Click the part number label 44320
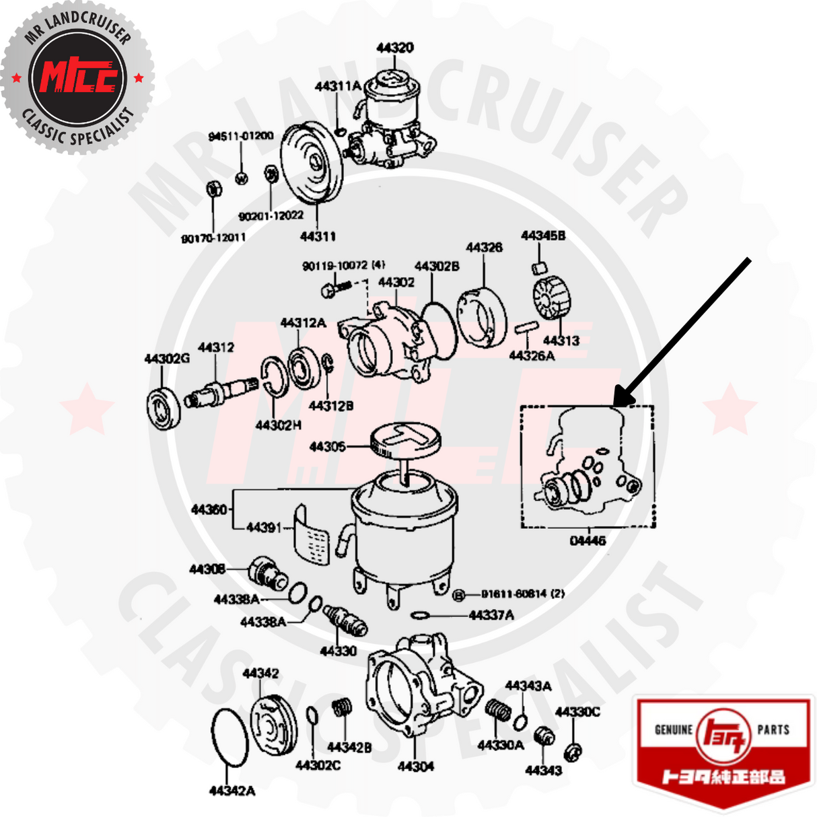(x=395, y=48)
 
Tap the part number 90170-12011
(x=213, y=238)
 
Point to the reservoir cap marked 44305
(x=405, y=439)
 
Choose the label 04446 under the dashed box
(x=588, y=540)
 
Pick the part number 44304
(x=415, y=766)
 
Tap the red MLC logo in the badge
(x=78, y=76)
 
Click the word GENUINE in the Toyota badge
(x=674, y=730)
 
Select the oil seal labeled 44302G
(x=164, y=408)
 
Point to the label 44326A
(x=532, y=355)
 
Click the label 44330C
(x=577, y=712)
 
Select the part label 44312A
(x=303, y=323)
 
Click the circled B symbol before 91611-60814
(x=460, y=595)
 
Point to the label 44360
(x=209, y=509)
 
